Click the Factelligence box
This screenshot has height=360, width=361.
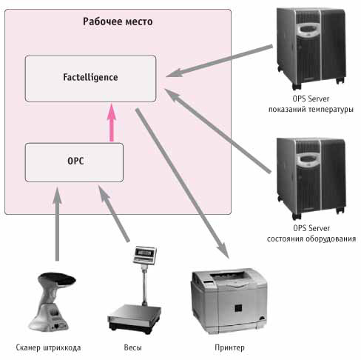(90, 79)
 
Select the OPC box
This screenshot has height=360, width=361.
(74, 162)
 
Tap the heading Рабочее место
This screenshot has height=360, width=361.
(118, 21)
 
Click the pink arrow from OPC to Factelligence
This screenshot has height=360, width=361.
(112, 122)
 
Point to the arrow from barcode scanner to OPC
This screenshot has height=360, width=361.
(57, 224)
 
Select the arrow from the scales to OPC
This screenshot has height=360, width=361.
(114, 213)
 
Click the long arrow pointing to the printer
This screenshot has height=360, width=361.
(183, 184)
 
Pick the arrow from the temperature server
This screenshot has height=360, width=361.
(220, 61)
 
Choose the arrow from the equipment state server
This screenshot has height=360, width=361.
(218, 130)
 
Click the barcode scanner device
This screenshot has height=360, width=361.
(51, 301)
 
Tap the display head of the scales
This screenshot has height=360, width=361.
(145, 255)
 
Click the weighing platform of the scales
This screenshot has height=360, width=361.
(135, 319)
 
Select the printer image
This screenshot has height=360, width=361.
(229, 301)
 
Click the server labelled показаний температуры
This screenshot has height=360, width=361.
(311, 48)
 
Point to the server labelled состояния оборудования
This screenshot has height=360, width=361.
(311, 179)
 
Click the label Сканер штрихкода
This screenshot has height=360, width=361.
(48, 347)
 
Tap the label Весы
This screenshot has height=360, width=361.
(132, 347)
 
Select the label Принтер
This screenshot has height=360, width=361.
(229, 347)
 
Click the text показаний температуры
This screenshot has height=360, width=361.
(311, 109)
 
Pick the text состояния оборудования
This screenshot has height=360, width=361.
(311, 239)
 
